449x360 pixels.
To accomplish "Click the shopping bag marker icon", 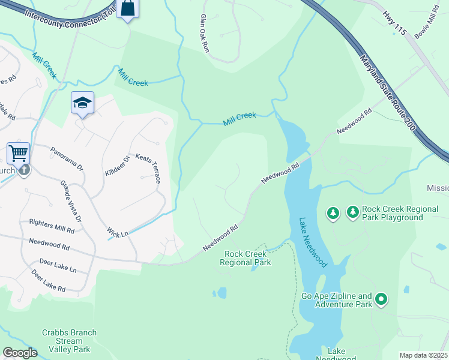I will [128, 8].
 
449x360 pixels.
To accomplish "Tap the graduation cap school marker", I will [82, 103].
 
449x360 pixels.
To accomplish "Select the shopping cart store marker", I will [18, 153].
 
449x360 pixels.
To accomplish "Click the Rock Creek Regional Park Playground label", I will [393, 214].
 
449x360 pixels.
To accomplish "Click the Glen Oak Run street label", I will [203, 33].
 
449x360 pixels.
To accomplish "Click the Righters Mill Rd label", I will [52, 226].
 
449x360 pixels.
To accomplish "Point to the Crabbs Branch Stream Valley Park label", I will [65, 341].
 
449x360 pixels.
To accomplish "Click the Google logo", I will [20, 353].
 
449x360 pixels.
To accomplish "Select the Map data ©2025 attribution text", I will [423, 355].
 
